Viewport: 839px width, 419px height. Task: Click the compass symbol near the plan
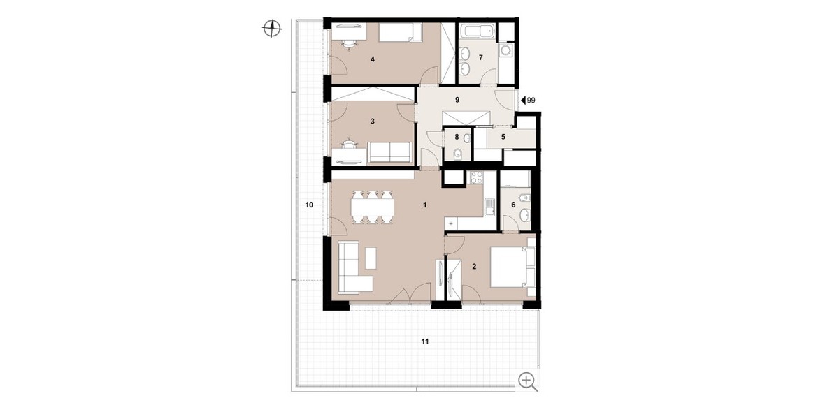click(272, 29)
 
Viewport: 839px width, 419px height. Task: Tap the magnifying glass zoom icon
click(528, 381)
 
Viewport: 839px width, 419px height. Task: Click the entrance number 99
click(531, 101)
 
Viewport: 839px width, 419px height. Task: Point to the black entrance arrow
click(523, 101)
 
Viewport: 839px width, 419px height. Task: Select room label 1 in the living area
click(425, 205)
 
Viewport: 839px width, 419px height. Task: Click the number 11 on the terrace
click(425, 341)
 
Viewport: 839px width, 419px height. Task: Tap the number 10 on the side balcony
click(309, 205)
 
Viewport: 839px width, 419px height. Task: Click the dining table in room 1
click(110, 207)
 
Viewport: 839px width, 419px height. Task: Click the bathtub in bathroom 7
click(477, 31)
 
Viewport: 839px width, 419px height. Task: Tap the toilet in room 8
click(458, 154)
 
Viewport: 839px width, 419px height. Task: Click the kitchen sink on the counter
click(489, 207)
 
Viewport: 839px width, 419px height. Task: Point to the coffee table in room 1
click(108, 258)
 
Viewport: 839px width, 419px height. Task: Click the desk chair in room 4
click(87, 45)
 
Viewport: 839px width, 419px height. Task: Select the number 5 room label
click(503, 137)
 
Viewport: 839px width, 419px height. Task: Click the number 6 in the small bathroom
click(513, 205)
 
